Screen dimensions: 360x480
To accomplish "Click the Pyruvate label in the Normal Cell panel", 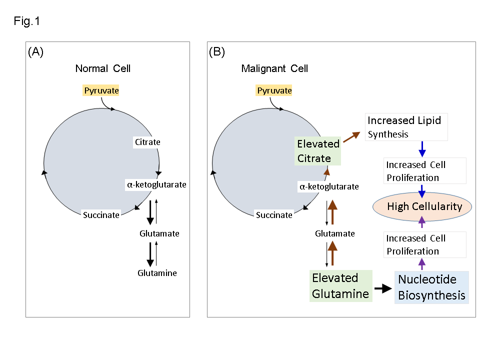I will pyautogui.click(x=101, y=90).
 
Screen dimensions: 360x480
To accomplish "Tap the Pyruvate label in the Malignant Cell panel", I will pyautogui.click(x=273, y=90).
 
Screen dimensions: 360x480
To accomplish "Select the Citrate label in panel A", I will pyautogui.click(x=147, y=142).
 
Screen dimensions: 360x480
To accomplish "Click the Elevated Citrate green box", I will pyautogui.click(x=318, y=151).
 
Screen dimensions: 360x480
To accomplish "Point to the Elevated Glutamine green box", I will pyautogui.click(x=340, y=285).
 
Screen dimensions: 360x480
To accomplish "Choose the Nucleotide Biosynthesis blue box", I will pyautogui.click(x=432, y=287).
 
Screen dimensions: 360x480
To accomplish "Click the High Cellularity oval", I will pyautogui.click(x=424, y=206).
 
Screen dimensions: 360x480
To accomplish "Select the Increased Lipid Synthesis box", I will pyautogui.click(x=406, y=127).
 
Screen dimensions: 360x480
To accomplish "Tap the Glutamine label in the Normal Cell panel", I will pyautogui.click(x=157, y=273).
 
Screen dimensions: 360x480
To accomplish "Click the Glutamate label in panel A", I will pyautogui.click(x=159, y=233).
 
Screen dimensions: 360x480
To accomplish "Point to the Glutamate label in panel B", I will pyautogui.click(x=334, y=233).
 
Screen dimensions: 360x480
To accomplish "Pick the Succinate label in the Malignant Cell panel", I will pyautogui.click(x=274, y=215).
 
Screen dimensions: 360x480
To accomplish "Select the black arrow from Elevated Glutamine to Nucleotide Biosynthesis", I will pyautogui.click(x=382, y=288).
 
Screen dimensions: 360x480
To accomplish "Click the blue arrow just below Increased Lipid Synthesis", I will pyautogui.click(x=422, y=148).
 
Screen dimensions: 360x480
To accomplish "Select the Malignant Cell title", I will pyautogui.click(x=274, y=68).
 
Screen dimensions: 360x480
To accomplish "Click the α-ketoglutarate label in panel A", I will pyautogui.click(x=156, y=184).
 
